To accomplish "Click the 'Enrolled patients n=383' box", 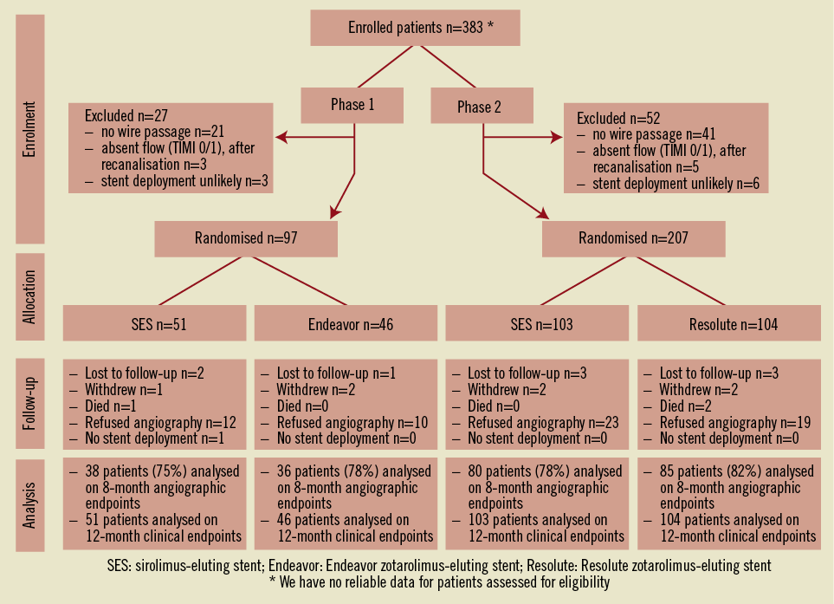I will click(415, 27).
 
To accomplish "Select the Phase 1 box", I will click(352, 106).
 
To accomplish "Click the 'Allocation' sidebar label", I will click(30, 297).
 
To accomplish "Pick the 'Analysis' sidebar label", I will click(30, 502).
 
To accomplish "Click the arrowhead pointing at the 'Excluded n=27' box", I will click(281, 137).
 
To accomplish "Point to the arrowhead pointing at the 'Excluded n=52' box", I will click(556, 137).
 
